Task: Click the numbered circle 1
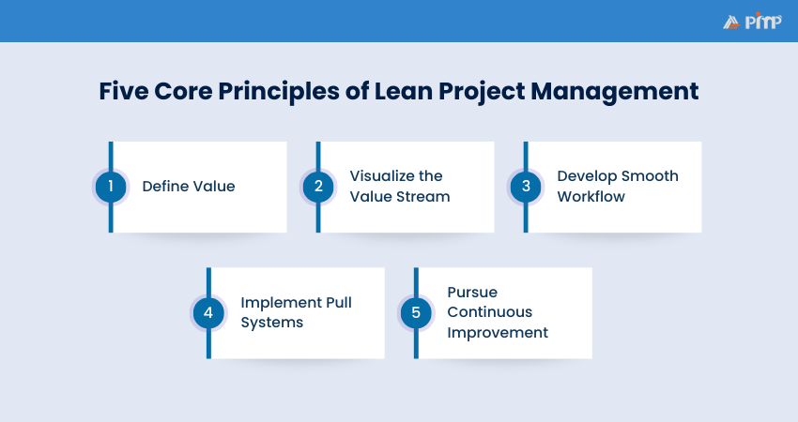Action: click(111, 187)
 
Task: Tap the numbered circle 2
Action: click(318, 187)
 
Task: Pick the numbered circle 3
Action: click(526, 187)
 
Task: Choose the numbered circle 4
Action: click(208, 312)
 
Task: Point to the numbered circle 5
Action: click(416, 312)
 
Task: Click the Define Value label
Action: click(189, 187)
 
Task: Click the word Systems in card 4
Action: click(271, 323)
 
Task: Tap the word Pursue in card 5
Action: click(472, 292)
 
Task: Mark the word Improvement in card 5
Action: click(498, 333)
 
